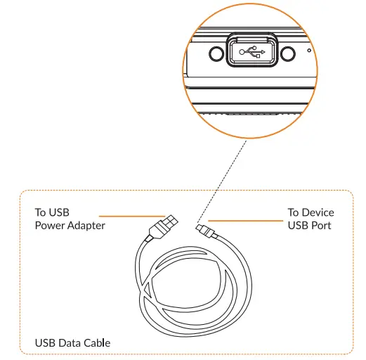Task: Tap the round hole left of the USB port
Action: click(x=216, y=53)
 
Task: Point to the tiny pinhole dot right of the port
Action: click(x=309, y=51)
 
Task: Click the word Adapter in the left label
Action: click(x=86, y=225)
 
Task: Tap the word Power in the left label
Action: click(x=49, y=225)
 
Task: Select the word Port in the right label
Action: click(x=320, y=225)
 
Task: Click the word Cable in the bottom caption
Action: click(x=96, y=343)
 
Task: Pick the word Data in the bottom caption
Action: click(x=69, y=343)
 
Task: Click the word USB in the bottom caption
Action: click(x=45, y=343)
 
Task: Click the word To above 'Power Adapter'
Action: click(x=41, y=212)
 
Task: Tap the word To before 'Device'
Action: click(x=294, y=212)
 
